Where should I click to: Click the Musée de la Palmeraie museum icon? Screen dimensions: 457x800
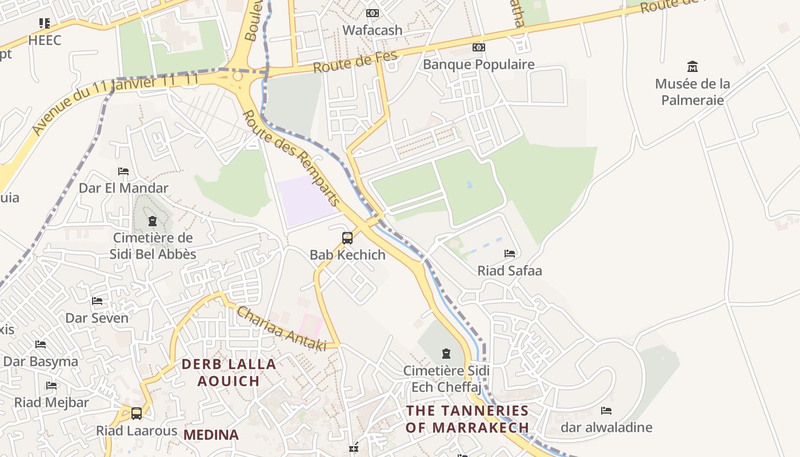pos(693,66)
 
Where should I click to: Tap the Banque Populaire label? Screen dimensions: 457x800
pos(478,65)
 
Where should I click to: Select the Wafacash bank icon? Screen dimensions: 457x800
pos(372,13)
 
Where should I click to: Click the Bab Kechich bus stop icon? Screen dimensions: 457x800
pos(347,238)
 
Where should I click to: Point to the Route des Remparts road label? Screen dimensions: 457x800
pos(291,158)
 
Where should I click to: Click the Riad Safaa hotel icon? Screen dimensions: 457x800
pos(510,254)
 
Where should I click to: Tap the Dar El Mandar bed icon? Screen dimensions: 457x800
pos(123,171)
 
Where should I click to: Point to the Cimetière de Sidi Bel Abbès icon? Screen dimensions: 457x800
pos(153,221)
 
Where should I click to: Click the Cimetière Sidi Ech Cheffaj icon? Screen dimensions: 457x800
pos(446,354)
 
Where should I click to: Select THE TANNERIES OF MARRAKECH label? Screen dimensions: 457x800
pos(467,419)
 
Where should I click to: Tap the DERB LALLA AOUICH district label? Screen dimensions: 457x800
pos(229,372)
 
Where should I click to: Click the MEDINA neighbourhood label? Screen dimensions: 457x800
pos(211,435)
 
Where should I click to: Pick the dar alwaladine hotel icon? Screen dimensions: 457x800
pos(606,411)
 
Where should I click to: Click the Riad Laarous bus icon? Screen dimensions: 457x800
pos(136,414)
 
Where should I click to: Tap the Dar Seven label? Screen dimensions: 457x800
pos(97,318)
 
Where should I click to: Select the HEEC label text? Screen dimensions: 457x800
pos(44,41)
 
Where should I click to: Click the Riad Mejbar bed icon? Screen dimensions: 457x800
pos(51,386)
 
